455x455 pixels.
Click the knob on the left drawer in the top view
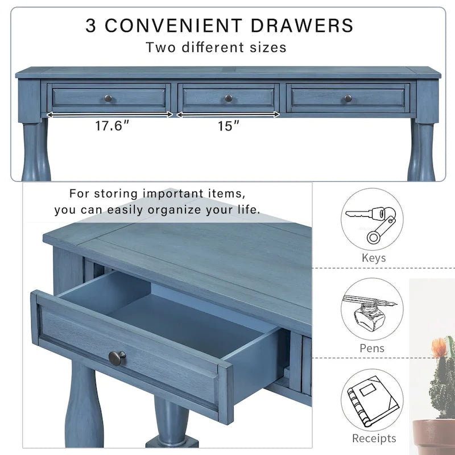coord(108,98)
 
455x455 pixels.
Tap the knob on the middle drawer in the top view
coord(229,98)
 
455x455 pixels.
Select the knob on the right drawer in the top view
coord(348,98)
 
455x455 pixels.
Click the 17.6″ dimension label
coord(112,126)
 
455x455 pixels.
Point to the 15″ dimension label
coord(229,126)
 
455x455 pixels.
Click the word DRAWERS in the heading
coord(302,25)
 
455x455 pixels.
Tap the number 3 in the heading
coord(90,25)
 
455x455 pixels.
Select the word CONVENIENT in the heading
coord(173,25)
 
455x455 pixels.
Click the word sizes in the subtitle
coord(268,47)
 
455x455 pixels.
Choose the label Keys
coord(374,258)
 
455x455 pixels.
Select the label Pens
coord(372,348)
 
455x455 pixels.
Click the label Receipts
coord(374,438)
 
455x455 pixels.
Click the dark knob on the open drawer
coord(117,358)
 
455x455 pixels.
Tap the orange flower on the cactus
coord(439,346)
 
